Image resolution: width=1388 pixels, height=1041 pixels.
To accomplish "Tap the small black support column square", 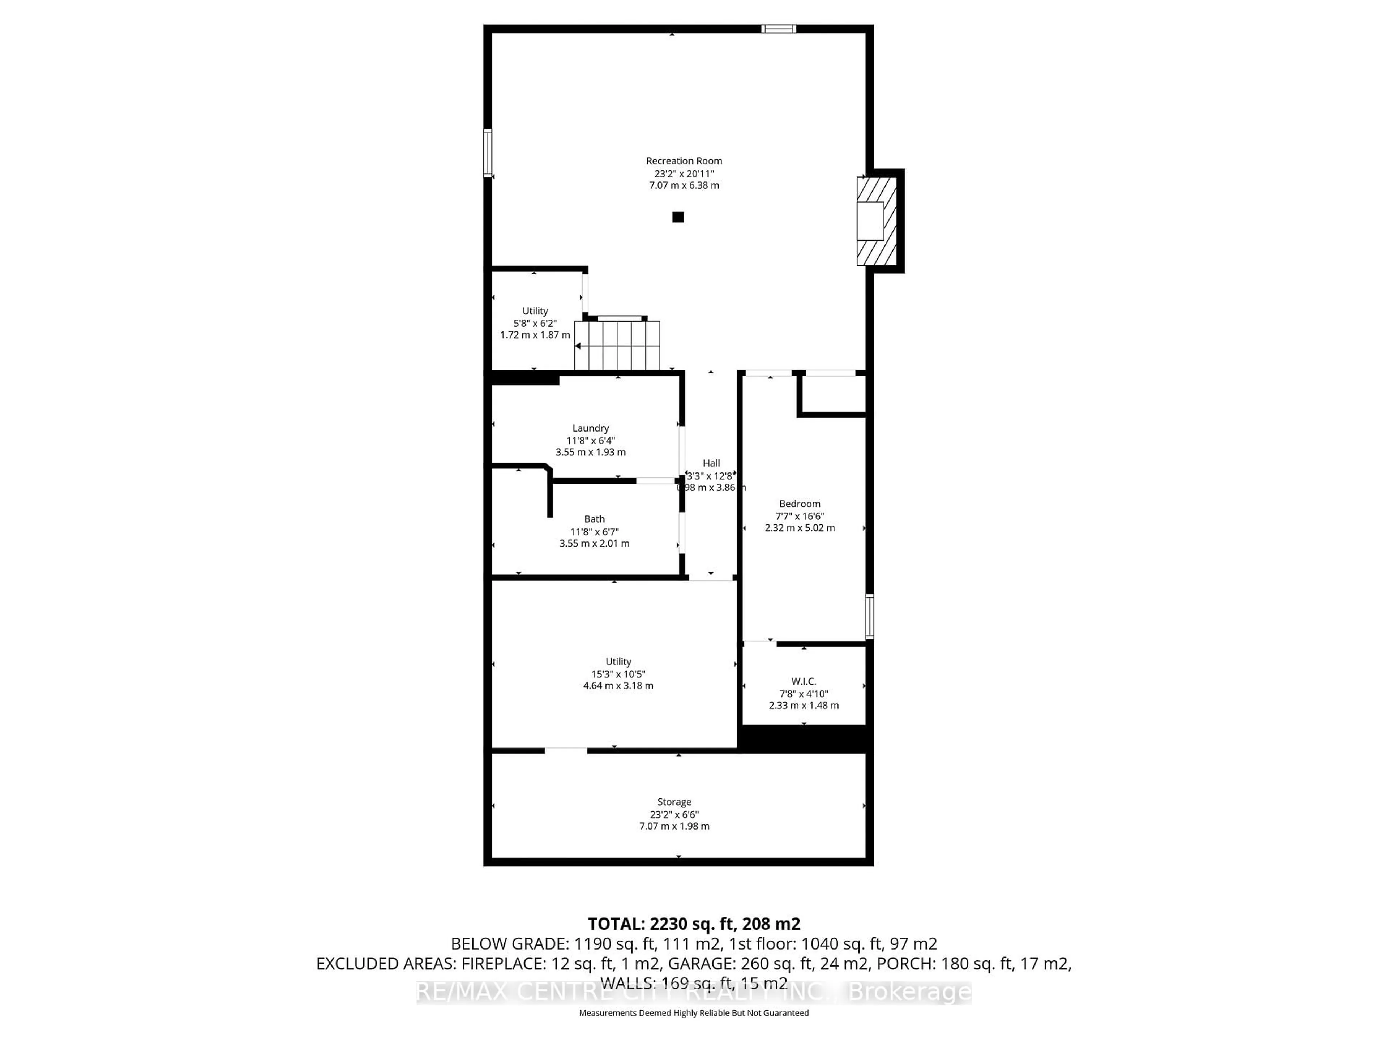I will pyautogui.click(x=678, y=217).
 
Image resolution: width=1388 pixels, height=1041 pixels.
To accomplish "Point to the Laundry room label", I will pyautogui.click(x=591, y=428).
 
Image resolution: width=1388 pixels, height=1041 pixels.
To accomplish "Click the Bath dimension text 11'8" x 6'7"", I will pyautogui.click(x=594, y=531).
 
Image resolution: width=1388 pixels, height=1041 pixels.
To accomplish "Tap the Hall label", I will pyautogui.click(x=711, y=463).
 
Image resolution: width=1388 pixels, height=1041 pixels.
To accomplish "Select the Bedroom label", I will pyautogui.click(x=800, y=503).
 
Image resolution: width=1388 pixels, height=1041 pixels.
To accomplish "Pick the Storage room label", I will pyautogui.click(x=674, y=802).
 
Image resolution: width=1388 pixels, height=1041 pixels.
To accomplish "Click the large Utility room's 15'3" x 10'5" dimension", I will pyautogui.click(x=618, y=674).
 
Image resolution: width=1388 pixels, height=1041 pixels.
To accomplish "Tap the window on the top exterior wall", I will pyautogui.click(x=778, y=28).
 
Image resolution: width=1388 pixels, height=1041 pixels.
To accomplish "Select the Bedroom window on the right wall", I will pyautogui.click(x=869, y=616).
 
